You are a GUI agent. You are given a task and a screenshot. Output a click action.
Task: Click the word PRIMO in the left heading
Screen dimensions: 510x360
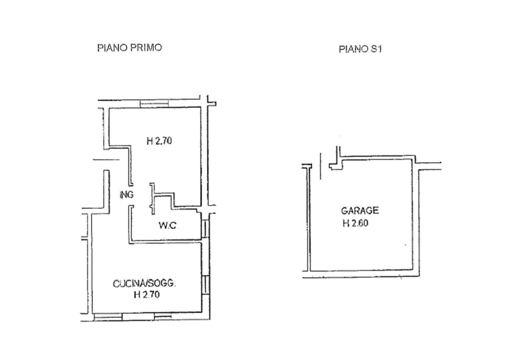pyautogui.click(x=146, y=48)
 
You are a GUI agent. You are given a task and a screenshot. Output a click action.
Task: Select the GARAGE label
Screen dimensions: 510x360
pyautogui.click(x=360, y=211)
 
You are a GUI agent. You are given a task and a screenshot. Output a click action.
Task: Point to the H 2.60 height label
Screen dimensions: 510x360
pyautogui.click(x=356, y=223)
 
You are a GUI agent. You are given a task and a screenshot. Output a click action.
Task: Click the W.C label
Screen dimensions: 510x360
pyautogui.click(x=168, y=225)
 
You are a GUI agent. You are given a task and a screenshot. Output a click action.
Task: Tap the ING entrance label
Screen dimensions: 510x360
pyautogui.click(x=126, y=195)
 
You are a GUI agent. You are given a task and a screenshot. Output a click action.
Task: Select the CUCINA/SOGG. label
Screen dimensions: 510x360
pyautogui.click(x=144, y=284)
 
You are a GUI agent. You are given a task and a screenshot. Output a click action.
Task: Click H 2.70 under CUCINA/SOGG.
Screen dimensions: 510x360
pyautogui.click(x=147, y=295)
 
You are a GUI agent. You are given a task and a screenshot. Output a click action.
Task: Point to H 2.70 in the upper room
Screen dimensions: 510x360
pyautogui.click(x=159, y=141)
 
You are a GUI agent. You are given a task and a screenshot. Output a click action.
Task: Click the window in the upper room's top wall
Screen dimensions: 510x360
pyautogui.click(x=154, y=104)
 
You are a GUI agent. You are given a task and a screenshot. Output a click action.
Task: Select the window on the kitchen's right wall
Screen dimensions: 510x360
pyautogui.click(x=205, y=285)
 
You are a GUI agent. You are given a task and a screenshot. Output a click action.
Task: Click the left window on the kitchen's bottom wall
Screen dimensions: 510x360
pyautogui.click(x=108, y=317)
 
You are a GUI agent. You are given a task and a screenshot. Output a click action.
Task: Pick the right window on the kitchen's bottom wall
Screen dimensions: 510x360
pyautogui.click(x=163, y=316)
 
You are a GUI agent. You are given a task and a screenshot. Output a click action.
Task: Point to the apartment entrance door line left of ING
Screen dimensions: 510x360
pyautogui.click(x=106, y=160)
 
